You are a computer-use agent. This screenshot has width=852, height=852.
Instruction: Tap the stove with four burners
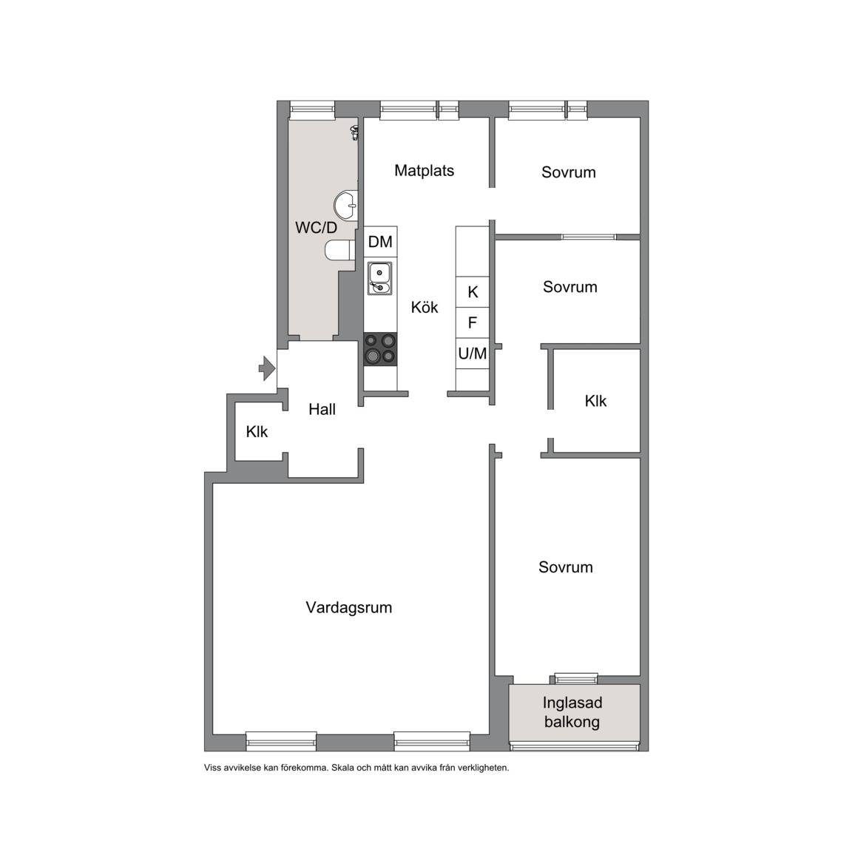click(x=380, y=349)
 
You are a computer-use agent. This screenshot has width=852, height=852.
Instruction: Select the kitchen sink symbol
click(x=379, y=278)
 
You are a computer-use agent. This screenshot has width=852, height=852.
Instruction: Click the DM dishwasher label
click(x=380, y=242)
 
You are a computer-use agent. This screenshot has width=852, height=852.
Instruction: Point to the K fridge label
click(x=473, y=292)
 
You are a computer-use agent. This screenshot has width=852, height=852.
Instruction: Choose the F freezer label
click(x=472, y=322)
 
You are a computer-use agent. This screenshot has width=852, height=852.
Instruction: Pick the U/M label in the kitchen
click(x=472, y=354)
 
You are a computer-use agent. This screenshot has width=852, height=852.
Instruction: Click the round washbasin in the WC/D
click(x=346, y=206)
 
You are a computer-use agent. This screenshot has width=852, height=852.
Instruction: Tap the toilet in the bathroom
click(x=339, y=251)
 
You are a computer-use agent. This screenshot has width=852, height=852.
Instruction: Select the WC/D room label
click(x=317, y=228)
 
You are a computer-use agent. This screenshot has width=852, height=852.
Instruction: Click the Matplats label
click(x=424, y=171)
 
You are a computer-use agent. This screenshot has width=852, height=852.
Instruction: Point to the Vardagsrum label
click(x=348, y=607)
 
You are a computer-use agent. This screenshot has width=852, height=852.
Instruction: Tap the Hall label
click(x=322, y=409)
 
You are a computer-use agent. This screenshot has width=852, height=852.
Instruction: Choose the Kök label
click(x=425, y=308)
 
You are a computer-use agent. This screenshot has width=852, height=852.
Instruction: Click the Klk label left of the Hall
click(x=257, y=432)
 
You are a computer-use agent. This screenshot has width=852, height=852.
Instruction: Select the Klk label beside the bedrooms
click(x=595, y=401)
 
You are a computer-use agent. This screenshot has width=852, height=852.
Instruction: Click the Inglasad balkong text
click(x=572, y=712)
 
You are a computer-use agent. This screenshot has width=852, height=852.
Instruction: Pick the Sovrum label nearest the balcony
click(x=565, y=567)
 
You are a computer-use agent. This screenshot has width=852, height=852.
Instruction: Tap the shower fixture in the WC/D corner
click(x=354, y=132)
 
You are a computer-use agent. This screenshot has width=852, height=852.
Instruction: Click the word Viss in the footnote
click(x=212, y=768)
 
